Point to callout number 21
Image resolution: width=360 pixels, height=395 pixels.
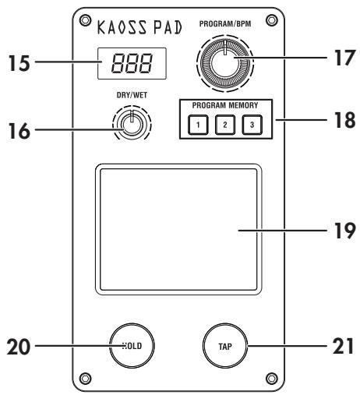(x=337, y=343)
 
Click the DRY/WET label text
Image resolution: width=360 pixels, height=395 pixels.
(x=132, y=96)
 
